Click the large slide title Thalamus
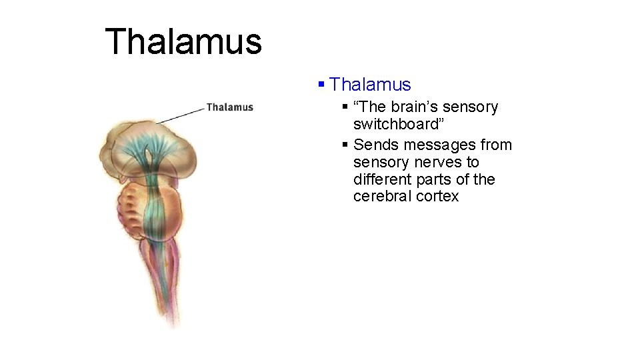pyautogui.click(x=183, y=41)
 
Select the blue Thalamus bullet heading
pyautogui.click(x=370, y=85)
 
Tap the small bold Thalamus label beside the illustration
pyautogui.click(x=230, y=107)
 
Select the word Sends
pyautogui.click(x=374, y=145)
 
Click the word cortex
pyautogui.click(x=437, y=197)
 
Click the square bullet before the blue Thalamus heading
pyautogui.click(x=321, y=85)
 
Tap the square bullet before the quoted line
pyautogui.click(x=345, y=107)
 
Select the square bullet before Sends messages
pyautogui.click(x=345, y=145)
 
